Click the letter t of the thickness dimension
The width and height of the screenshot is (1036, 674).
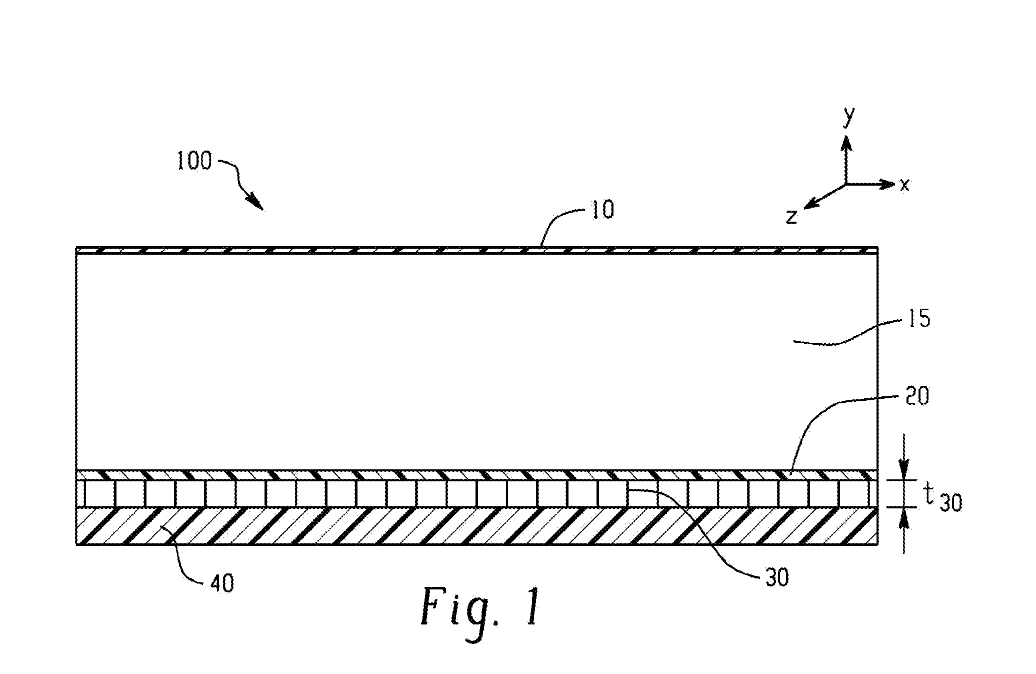pos(928,494)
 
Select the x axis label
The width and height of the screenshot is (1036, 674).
pos(904,185)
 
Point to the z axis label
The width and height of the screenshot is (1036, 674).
pos(791,217)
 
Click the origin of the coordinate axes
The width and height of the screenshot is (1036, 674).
pos(846,184)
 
